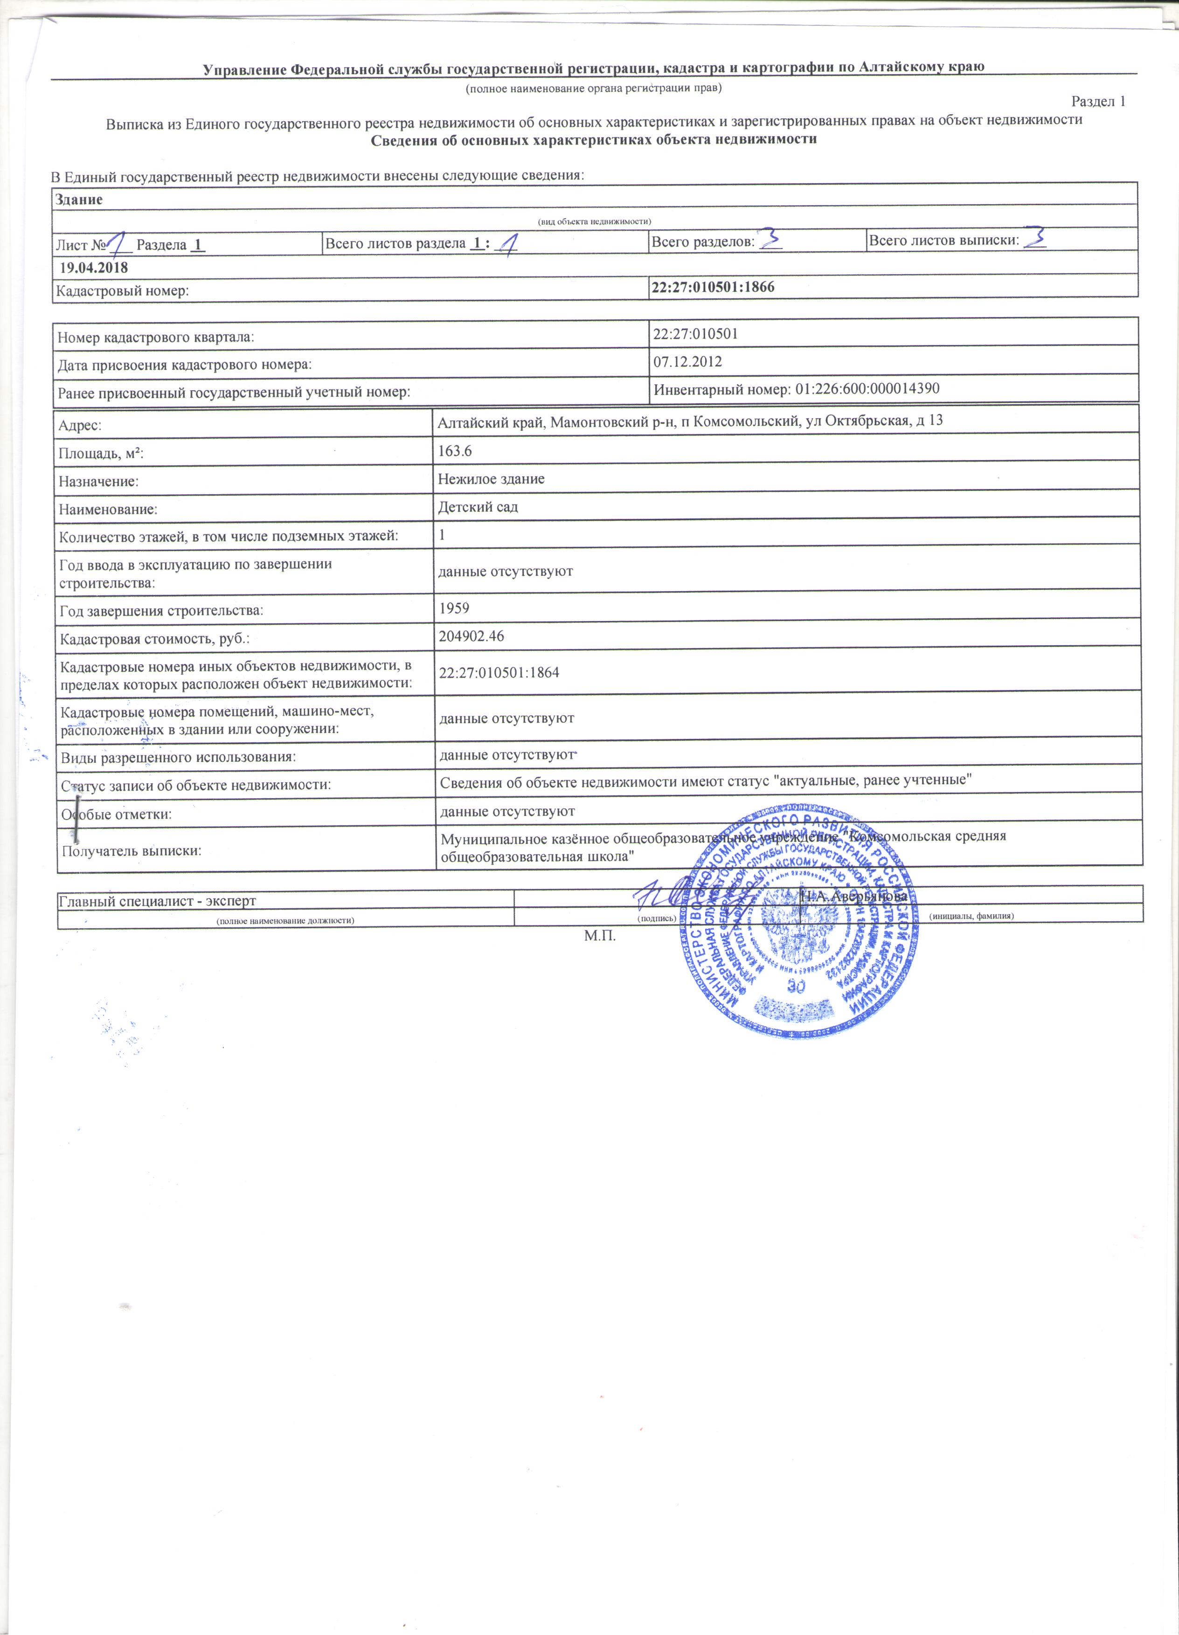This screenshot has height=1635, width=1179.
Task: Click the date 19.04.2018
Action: point(94,268)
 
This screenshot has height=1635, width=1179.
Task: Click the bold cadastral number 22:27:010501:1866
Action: point(713,287)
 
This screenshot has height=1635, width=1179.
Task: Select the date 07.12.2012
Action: point(688,361)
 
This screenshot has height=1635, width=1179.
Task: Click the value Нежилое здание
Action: point(491,479)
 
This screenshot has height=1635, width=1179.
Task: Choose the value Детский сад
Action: point(478,507)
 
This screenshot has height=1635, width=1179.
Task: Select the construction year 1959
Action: point(454,608)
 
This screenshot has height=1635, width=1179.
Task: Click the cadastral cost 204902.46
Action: point(472,636)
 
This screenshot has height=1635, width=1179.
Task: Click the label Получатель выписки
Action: point(131,851)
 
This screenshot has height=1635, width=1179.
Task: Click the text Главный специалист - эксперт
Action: point(157,900)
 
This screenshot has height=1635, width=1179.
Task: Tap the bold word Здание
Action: point(79,200)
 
